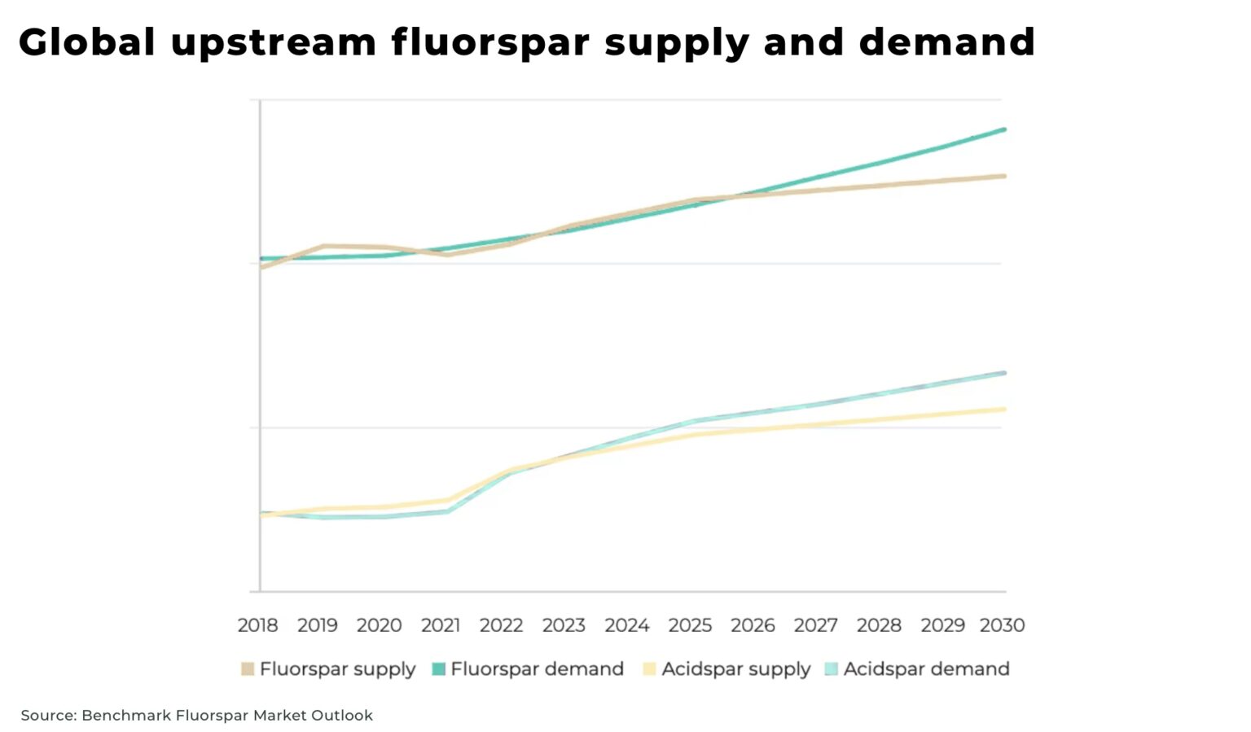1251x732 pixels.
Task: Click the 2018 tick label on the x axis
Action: (257, 625)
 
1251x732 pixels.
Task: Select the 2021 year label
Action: (440, 625)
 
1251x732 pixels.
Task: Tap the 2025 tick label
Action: (690, 625)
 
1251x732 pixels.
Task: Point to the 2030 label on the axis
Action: (1002, 625)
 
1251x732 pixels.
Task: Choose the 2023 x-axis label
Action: (564, 625)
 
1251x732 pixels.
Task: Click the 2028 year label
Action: (879, 625)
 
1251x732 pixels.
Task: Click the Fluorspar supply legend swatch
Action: (248, 669)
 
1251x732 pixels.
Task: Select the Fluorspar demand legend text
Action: (537, 669)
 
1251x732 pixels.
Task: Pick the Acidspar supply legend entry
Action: (735, 669)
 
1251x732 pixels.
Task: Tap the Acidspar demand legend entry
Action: (926, 669)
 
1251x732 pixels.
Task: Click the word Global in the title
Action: (86, 42)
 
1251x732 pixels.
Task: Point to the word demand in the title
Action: (946, 42)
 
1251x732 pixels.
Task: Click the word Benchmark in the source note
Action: (126, 716)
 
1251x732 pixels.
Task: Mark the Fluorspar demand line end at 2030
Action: (1004, 129)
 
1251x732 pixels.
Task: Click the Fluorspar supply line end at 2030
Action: (1004, 176)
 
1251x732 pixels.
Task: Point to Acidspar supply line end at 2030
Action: (1004, 410)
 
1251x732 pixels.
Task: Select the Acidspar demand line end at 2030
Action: (1004, 373)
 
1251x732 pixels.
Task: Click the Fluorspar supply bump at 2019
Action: (323, 246)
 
